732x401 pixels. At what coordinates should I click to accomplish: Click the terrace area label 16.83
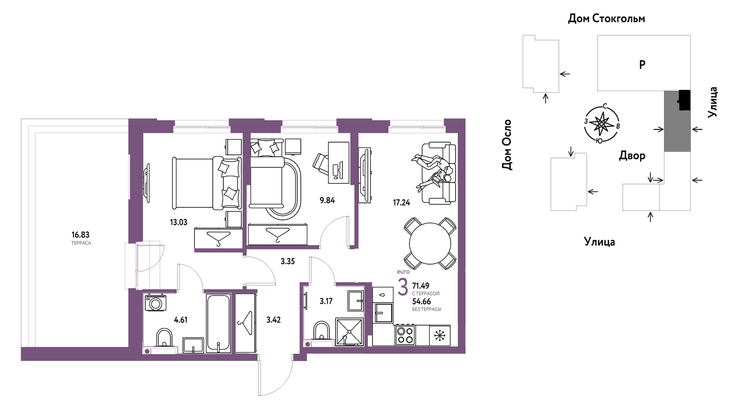(80, 235)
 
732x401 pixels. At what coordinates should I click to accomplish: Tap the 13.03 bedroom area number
(178, 222)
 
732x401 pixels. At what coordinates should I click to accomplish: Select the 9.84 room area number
(327, 200)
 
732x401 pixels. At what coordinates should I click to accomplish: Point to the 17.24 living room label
(401, 203)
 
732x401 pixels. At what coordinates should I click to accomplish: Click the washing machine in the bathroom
(155, 303)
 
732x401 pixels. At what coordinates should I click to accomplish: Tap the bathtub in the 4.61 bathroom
(218, 323)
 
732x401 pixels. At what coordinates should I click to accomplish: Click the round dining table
(430, 243)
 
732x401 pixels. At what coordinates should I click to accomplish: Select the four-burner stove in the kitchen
(405, 335)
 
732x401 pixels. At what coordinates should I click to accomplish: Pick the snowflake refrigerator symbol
(440, 336)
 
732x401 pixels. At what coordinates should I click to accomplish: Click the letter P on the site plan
(642, 65)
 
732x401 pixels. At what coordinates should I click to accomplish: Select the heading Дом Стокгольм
(606, 19)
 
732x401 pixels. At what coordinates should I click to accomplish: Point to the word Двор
(632, 156)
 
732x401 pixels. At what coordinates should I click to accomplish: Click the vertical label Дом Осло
(507, 145)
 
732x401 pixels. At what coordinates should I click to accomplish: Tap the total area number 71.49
(421, 286)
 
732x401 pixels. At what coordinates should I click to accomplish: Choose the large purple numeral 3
(403, 287)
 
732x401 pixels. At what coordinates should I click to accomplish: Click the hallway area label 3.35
(288, 262)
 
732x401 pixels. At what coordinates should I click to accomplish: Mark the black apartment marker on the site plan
(684, 100)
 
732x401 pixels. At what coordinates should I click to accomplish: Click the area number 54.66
(421, 302)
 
